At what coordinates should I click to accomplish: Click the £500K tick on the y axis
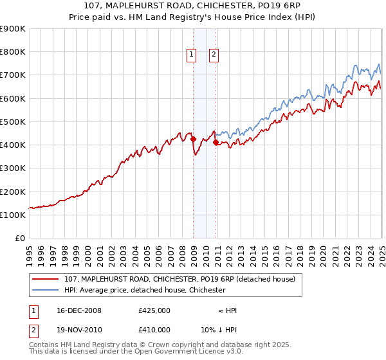12,122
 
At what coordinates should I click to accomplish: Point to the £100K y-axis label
12,215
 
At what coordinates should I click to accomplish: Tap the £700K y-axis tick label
12,75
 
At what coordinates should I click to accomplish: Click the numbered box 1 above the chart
192,55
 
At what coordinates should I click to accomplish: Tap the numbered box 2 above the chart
213,55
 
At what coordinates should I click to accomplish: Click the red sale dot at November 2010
216,143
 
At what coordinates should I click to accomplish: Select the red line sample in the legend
46,279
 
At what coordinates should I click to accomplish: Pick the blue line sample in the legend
46,290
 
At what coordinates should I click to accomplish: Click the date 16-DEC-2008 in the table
79,310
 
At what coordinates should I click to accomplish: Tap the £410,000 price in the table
154,328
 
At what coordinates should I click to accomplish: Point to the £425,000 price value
154,310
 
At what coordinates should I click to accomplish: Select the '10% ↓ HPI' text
218,328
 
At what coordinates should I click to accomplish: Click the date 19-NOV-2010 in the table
79,328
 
